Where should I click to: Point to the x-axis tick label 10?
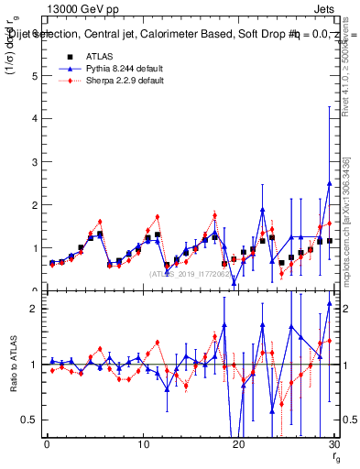(x=142, y=444)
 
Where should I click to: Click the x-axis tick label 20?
(x=238, y=444)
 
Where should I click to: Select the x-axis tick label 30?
(x=333, y=444)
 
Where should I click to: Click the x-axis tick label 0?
(x=47, y=444)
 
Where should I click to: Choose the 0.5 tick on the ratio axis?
(x=32, y=420)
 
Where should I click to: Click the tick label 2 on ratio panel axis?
(x=37, y=309)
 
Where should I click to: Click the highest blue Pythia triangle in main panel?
(x=329, y=183)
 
